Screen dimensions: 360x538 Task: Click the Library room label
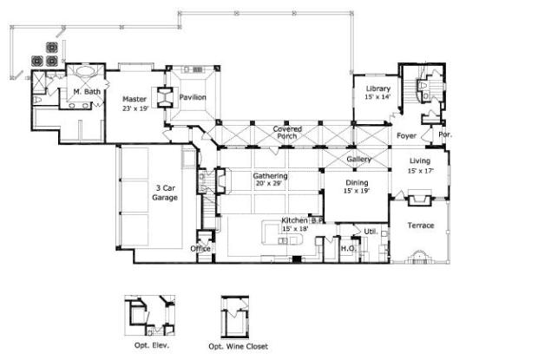(x=378, y=89)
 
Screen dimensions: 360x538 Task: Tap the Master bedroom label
(x=134, y=99)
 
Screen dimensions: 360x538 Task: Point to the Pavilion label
(x=193, y=97)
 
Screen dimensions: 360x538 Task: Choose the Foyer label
(x=406, y=136)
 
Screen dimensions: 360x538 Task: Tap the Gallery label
(x=359, y=160)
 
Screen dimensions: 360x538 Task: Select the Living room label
(x=420, y=160)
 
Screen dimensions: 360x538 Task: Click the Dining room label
(x=358, y=183)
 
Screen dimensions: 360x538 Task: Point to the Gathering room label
(x=271, y=176)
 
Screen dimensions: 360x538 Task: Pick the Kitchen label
(x=294, y=220)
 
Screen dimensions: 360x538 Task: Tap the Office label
(x=200, y=248)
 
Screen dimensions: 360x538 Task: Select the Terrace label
(x=421, y=226)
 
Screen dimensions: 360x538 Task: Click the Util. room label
(x=370, y=232)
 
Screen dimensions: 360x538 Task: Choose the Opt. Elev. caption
(x=151, y=345)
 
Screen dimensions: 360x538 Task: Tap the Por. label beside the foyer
(x=445, y=135)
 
